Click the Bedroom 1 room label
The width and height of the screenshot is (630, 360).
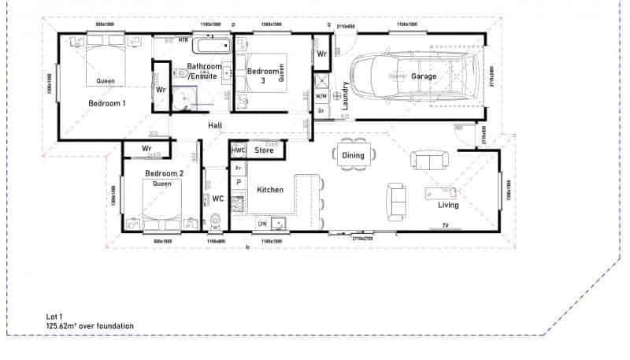[x=106, y=103]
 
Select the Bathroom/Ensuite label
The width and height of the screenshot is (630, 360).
[x=204, y=71]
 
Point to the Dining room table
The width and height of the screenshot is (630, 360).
[x=353, y=155]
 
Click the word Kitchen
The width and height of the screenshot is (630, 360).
[x=270, y=190]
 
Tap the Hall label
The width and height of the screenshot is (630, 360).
[x=215, y=126]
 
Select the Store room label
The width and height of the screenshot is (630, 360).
[x=265, y=150]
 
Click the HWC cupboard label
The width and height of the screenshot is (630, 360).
[x=239, y=150]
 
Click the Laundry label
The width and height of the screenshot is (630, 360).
[x=344, y=95]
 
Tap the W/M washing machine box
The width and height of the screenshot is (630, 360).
[x=321, y=96]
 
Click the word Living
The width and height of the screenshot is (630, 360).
[x=448, y=205]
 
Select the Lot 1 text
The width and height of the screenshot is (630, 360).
[x=54, y=316]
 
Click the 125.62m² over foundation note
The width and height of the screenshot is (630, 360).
[x=89, y=325]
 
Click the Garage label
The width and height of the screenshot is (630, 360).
[x=423, y=76]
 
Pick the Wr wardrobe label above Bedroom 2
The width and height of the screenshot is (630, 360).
[x=146, y=148]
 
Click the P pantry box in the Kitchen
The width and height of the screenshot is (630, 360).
[x=239, y=182]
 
